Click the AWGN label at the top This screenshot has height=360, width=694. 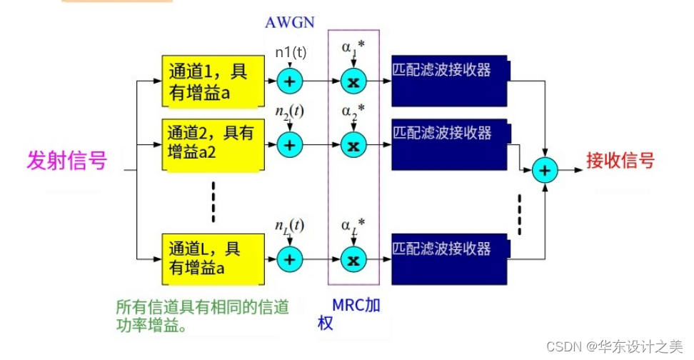[289, 21]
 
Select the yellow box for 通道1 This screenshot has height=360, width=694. [211, 81]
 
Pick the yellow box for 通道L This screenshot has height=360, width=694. [211, 258]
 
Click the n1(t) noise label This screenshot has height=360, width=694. [290, 52]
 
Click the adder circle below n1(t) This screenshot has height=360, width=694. [290, 81]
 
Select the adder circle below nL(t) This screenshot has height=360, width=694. [290, 259]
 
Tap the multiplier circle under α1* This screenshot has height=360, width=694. [352, 81]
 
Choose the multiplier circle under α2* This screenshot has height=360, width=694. [352, 145]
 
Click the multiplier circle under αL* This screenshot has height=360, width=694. [352, 259]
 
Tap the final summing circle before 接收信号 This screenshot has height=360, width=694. [545, 170]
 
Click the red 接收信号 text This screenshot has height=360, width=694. [620, 160]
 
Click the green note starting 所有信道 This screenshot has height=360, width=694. [202, 316]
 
